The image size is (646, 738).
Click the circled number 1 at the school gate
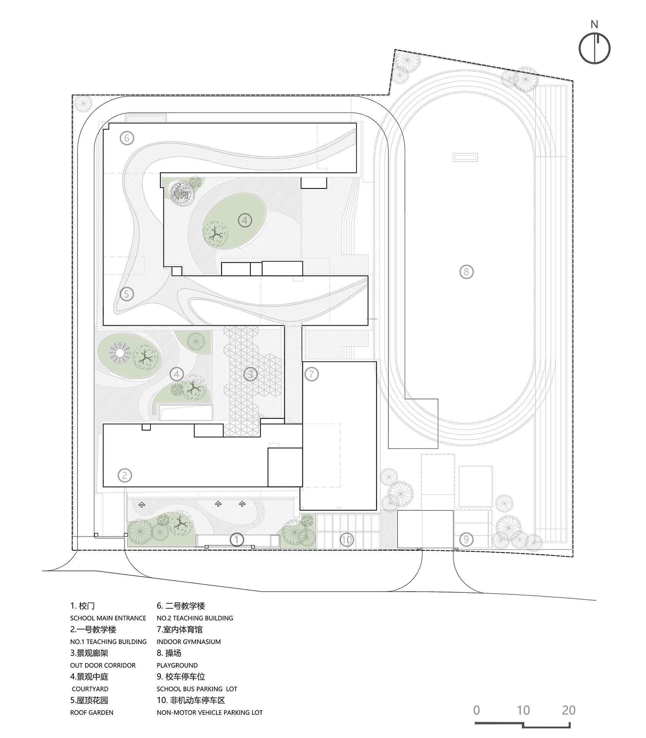pyautogui.click(x=237, y=539)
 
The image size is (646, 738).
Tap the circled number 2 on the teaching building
pyautogui.click(x=125, y=475)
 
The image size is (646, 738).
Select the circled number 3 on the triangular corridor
pyautogui.click(x=250, y=374)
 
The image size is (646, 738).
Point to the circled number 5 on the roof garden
pyautogui.click(x=127, y=294)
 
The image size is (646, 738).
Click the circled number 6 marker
pyautogui.click(x=127, y=138)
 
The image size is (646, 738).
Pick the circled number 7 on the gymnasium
pyautogui.click(x=312, y=374)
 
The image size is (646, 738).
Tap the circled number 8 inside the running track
pyautogui.click(x=466, y=272)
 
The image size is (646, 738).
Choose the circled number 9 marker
pyautogui.click(x=466, y=539)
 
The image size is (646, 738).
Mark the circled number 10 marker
pyautogui.click(x=347, y=539)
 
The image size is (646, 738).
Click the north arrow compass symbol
pyautogui.click(x=594, y=49)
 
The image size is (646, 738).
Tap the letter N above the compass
pyautogui.click(x=594, y=24)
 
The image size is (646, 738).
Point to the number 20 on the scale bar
pyautogui.click(x=568, y=710)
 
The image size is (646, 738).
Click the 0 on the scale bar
pyautogui.click(x=477, y=710)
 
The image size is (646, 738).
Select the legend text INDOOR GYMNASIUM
pyautogui.click(x=188, y=642)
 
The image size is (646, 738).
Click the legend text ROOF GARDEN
pyautogui.click(x=92, y=713)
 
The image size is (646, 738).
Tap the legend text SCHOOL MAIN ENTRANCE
pyautogui.click(x=108, y=618)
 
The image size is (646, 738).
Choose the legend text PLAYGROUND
pyautogui.click(x=177, y=665)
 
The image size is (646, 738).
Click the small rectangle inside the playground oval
pyautogui.click(x=465, y=157)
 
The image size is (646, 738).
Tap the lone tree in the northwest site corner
pyautogui.click(x=83, y=103)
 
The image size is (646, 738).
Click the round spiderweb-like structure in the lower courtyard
pyautogui.click(x=121, y=355)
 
